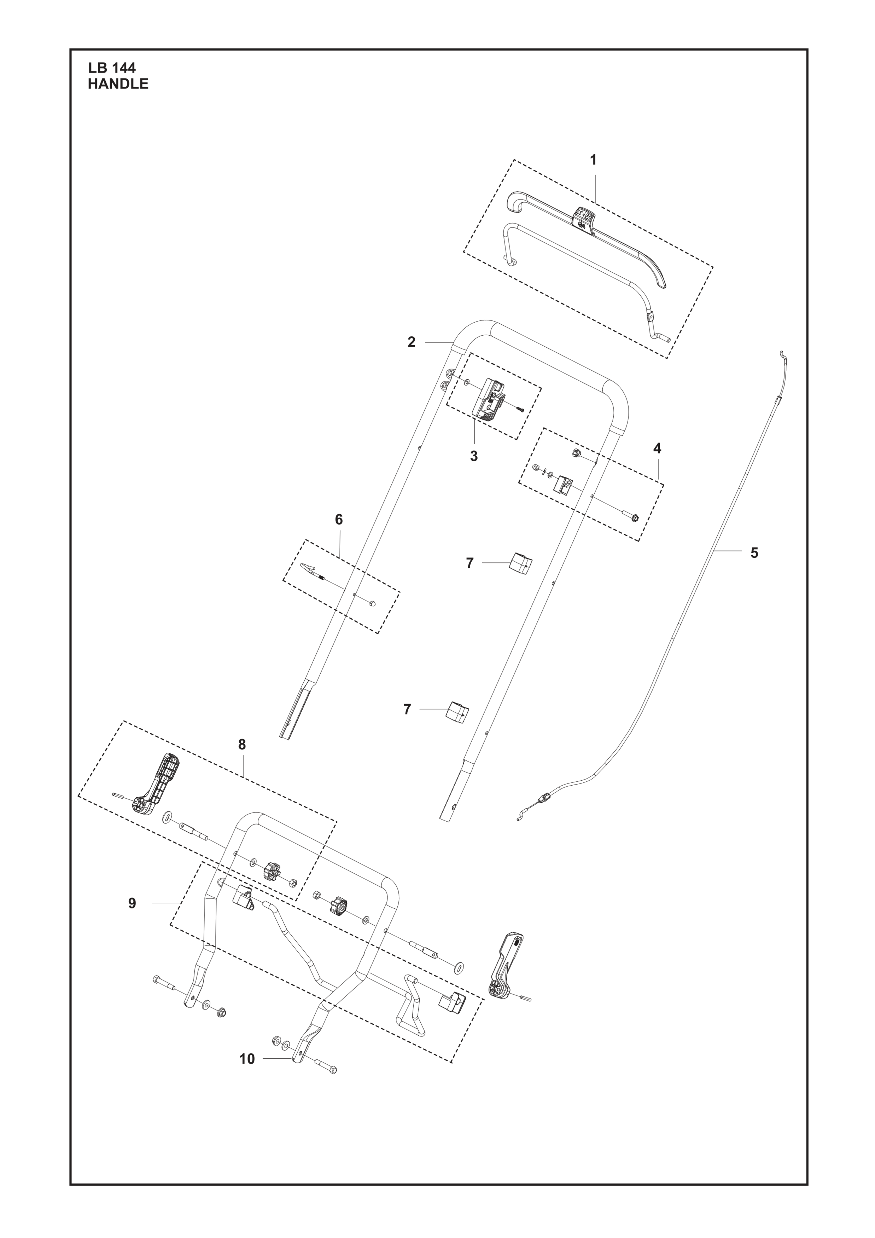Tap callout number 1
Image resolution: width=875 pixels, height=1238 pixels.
[593, 160]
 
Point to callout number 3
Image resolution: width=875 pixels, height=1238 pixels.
[474, 456]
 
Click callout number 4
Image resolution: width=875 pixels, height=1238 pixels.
[657, 448]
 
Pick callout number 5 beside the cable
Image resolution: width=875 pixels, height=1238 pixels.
[754, 553]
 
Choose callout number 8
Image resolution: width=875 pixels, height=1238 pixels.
[242, 745]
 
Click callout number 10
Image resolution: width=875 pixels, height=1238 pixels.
[247, 1059]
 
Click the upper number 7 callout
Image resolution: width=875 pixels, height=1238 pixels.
[470, 563]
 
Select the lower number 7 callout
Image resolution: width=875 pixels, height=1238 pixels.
[407, 709]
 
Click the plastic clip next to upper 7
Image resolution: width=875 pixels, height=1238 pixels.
[520, 564]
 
